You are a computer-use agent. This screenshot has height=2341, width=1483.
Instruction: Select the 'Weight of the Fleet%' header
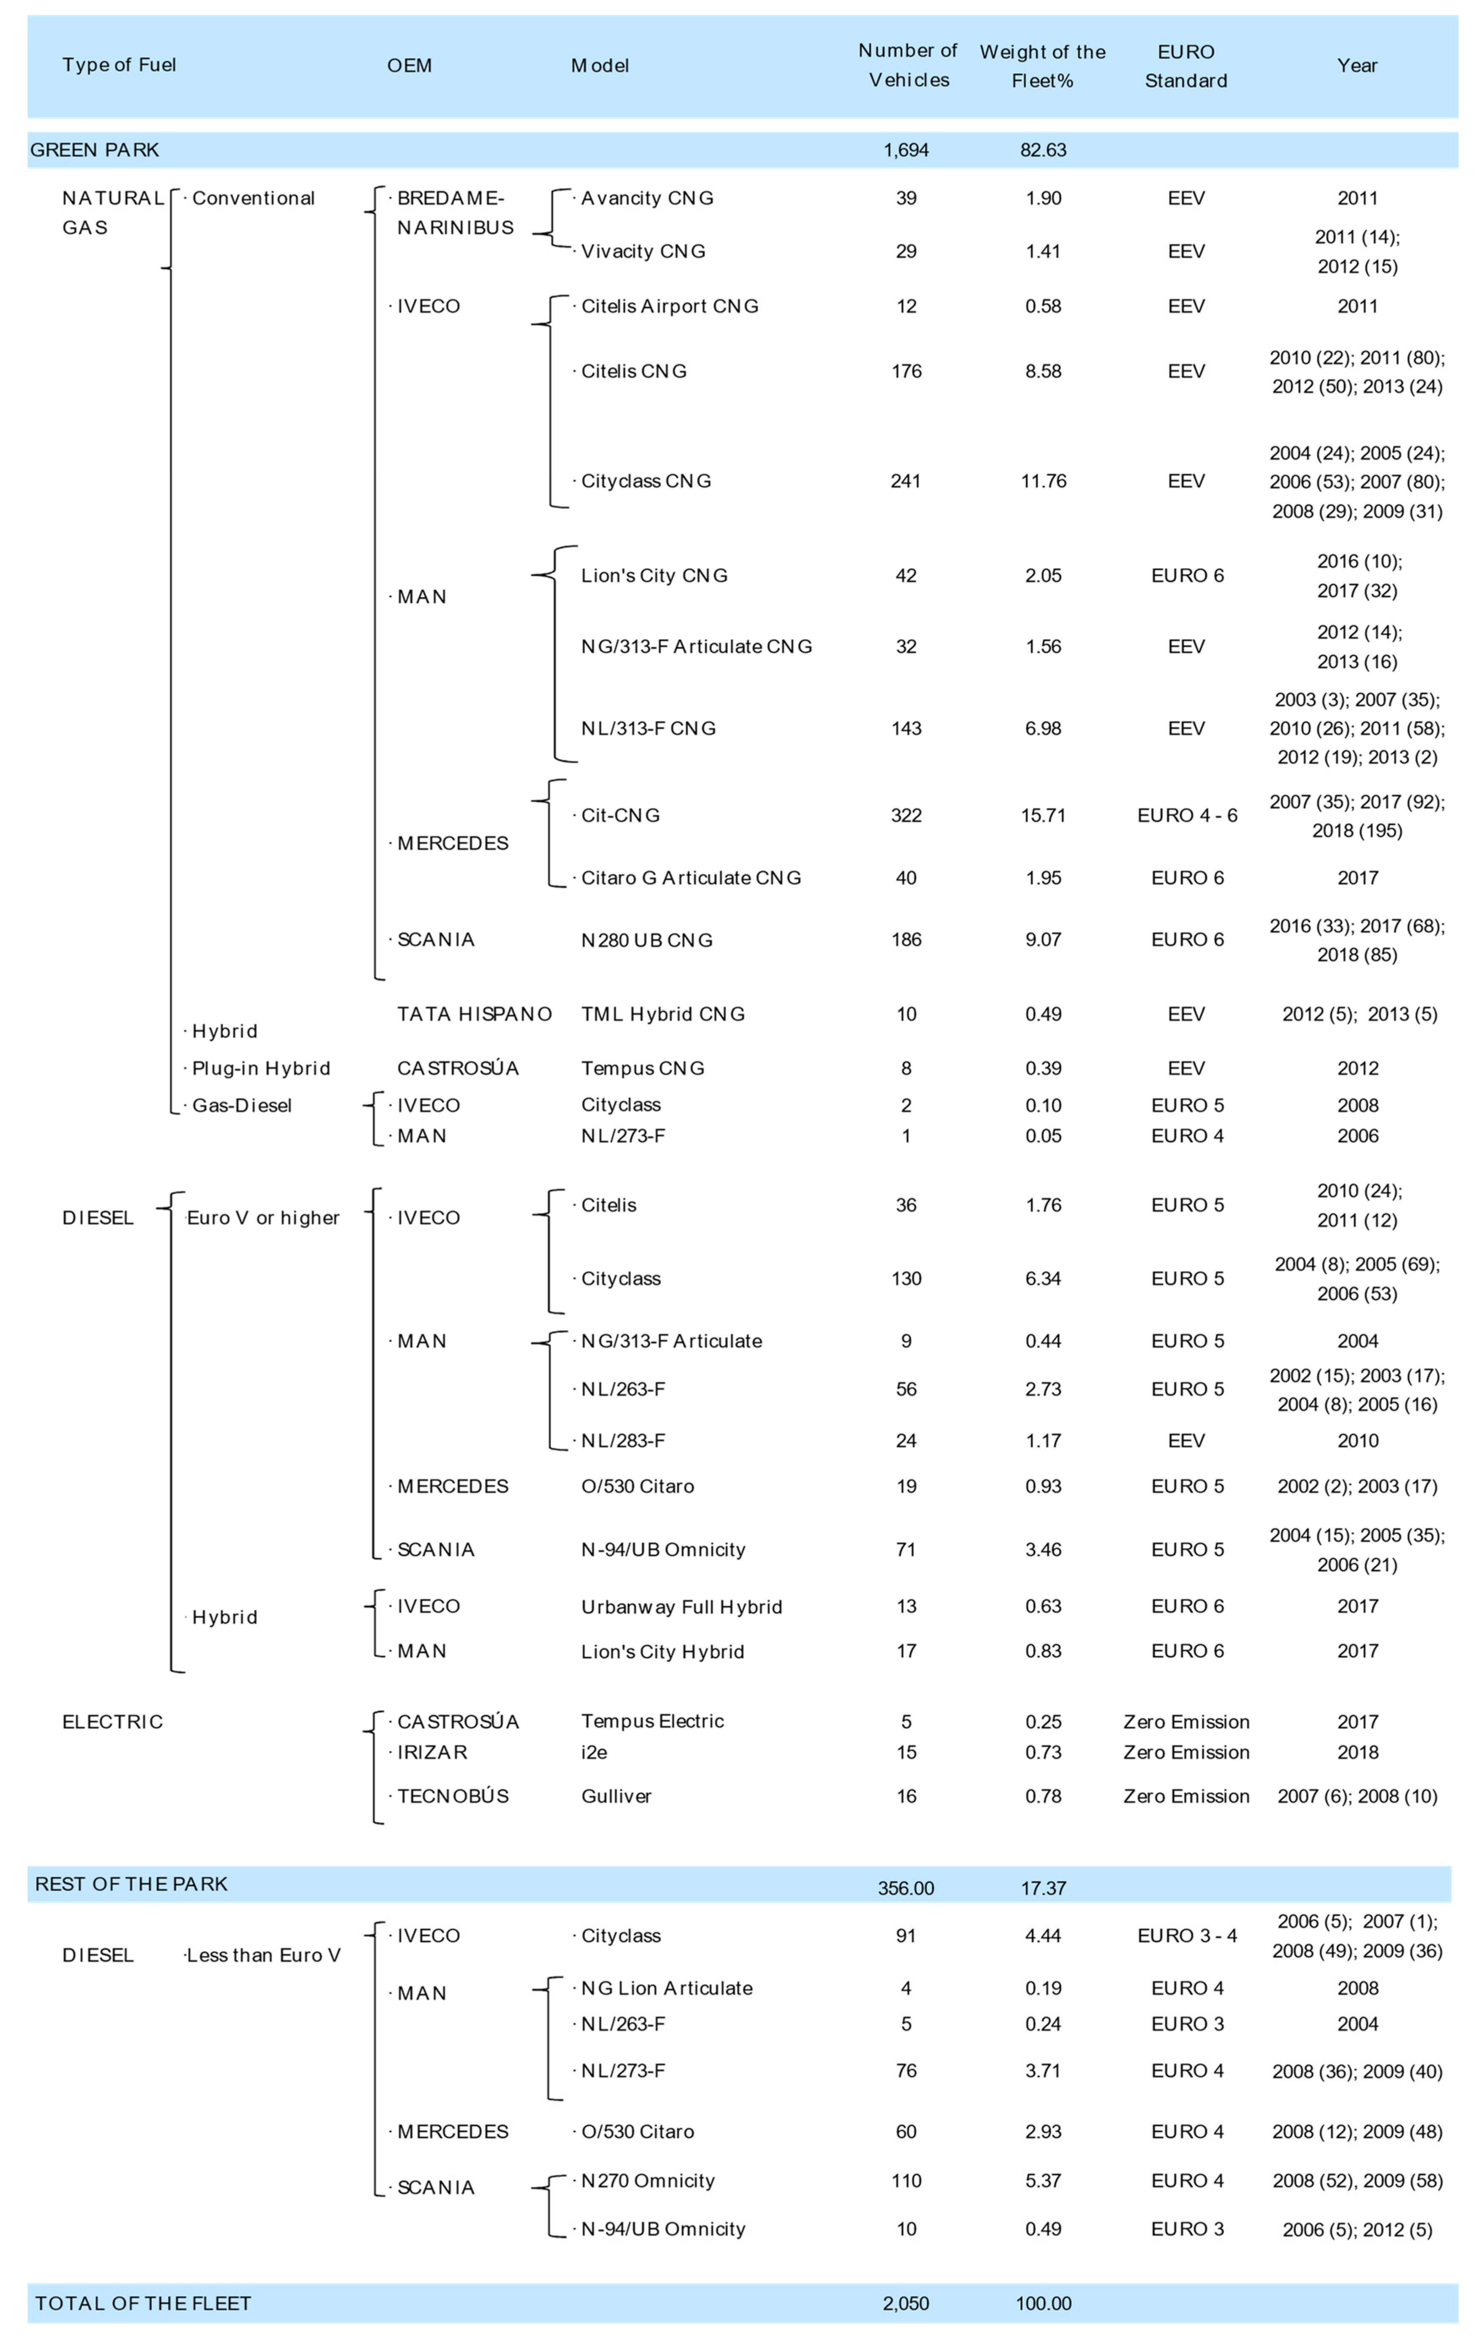click(x=1043, y=66)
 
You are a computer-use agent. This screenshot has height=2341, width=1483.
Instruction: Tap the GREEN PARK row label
click(x=94, y=150)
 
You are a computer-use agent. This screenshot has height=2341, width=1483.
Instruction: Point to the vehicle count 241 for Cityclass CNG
click(x=905, y=481)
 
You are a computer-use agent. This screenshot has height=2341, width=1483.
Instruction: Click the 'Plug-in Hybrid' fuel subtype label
click(x=261, y=1068)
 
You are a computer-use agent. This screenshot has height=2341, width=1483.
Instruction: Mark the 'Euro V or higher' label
click(x=262, y=1218)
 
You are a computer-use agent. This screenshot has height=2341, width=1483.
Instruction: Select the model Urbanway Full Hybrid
click(x=682, y=1607)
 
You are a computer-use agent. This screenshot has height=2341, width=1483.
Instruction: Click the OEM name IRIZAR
click(x=432, y=1752)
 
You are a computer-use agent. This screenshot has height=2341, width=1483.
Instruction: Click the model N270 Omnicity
click(x=647, y=2180)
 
